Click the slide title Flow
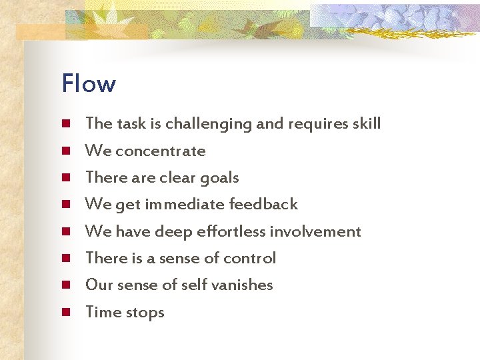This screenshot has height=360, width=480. (x=88, y=84)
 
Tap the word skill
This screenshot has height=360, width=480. (x=366, y=123)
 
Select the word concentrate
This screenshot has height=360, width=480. (x=160, y=151)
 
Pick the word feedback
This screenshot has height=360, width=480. (x=263, y=204)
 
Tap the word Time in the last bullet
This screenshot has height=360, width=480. (x=101, y=312)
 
